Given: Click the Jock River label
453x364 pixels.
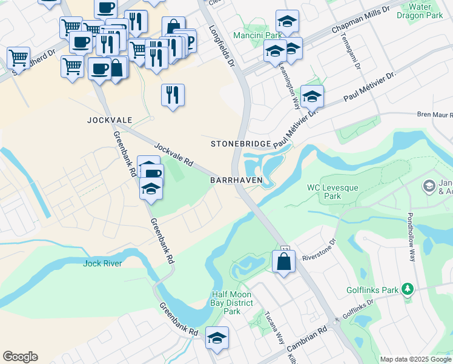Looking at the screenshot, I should coord(103,263).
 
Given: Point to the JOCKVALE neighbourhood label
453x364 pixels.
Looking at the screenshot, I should coord(109,121).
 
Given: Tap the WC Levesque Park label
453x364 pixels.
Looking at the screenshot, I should coord(332,192).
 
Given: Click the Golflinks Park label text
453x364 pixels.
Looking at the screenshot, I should coord(372,290).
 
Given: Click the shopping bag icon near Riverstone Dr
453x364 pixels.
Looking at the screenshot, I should coord(283,262).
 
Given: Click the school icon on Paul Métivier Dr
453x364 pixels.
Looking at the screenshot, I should coord(312,96).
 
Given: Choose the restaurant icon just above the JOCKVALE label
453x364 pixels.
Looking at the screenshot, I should coord(173,95).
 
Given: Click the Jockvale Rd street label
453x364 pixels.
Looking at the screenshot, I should coord(173,155).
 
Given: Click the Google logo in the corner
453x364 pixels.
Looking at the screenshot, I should coord(21,356).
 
